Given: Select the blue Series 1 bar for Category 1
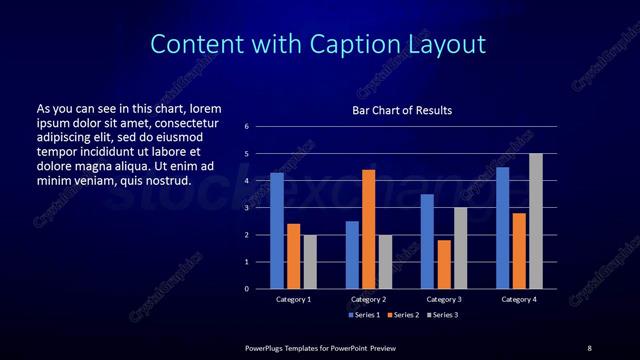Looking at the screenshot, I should point(277,231).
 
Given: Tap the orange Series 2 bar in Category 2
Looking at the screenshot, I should point(368,229).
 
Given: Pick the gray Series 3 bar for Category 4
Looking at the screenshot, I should point(536,221).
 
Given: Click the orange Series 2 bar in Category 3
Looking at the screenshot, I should point(443,264).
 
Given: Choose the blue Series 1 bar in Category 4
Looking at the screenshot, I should point(502,228).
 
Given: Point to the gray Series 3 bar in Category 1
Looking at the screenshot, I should point(310,262).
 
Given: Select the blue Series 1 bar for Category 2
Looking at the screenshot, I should point(352,255).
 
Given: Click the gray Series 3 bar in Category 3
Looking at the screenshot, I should point(460,248).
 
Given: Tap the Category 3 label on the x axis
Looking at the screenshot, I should point(443,299).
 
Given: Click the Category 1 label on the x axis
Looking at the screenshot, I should point(293,299).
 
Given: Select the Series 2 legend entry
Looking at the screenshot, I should point(402,315).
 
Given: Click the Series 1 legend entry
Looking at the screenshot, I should point(363,315).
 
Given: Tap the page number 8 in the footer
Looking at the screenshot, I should point(589,347).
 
